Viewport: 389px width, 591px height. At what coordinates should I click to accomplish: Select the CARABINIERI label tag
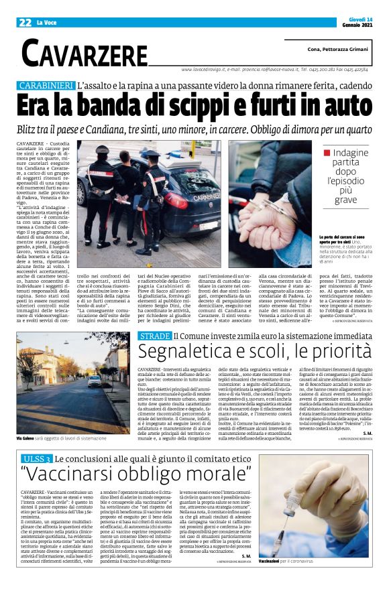pyautogui.click(x=46, y=86)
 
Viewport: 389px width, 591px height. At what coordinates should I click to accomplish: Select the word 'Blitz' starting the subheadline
pyautogui.click(x=33, y=129)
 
